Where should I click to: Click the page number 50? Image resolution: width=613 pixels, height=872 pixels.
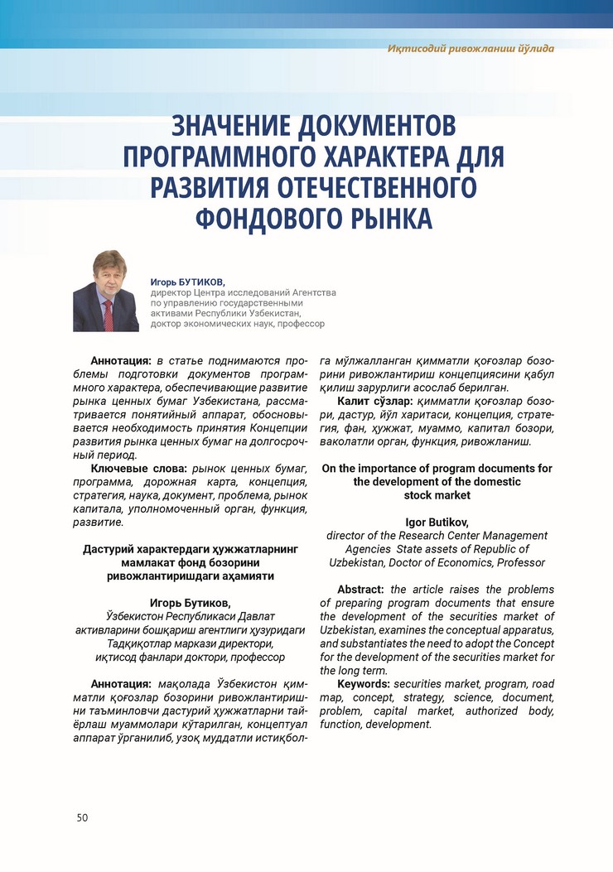82,818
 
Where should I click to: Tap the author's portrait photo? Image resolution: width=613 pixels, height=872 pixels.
106,291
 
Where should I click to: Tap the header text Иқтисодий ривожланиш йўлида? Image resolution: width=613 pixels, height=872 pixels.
471,48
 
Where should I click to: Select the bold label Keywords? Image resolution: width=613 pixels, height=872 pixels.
364,684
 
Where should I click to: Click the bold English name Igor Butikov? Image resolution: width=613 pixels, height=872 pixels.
437,523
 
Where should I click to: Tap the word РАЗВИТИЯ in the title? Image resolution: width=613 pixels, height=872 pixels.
212,187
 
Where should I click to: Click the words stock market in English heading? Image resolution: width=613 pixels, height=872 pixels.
437,495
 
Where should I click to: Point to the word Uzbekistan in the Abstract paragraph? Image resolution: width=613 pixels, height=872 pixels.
348,630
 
